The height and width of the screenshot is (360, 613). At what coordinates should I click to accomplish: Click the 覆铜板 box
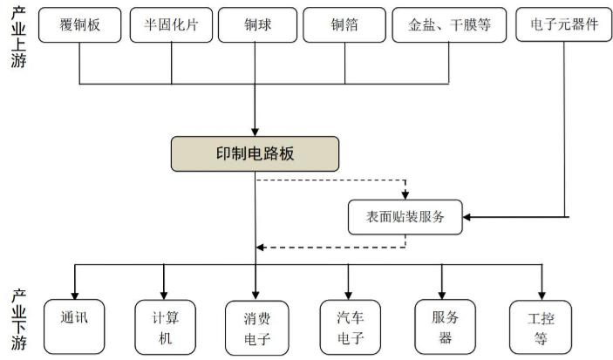click(x=79, y=25)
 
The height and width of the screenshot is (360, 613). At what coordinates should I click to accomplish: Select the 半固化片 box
click(x=171, y=25)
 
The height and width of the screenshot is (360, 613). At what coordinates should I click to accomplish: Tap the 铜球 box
click(x=257, y=25)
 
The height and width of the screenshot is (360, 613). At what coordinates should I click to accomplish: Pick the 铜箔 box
click(x=344, y=25)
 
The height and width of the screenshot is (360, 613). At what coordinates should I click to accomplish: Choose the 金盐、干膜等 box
click(x=449, y=25)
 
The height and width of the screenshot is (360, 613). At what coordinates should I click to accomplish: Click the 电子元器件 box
click(x=564, y=24)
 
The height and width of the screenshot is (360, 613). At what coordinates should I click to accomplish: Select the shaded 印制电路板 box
click(x=255, y=154)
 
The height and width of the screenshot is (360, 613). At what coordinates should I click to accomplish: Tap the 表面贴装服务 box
click(x=405, y=217)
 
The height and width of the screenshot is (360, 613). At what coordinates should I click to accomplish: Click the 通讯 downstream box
click(x=74, y=327)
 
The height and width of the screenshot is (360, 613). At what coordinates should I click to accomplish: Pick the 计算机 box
click(x=165, y=327)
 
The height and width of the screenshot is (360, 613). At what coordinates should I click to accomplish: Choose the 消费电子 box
click(x=257, y=328)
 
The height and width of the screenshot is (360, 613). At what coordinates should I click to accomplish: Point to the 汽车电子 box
click(x=351, y=327)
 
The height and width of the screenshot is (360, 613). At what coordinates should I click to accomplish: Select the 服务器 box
click(x=445, y=327)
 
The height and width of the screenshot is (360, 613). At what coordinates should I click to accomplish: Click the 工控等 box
click(x=541, y=327)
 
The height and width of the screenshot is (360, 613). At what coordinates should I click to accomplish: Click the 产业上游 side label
click(x=18, y=37)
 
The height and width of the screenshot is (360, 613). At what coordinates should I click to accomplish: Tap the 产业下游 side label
click(x=18, y=319)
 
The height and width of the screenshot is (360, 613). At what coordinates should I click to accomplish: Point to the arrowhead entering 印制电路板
click(x=255, y=132)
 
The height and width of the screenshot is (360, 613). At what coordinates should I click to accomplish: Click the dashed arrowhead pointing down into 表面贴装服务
click(x=405, y=195)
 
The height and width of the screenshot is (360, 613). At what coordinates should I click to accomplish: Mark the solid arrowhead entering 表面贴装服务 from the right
click(x=467, y=217)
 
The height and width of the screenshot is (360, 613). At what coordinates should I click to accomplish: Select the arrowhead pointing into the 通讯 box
click(x=75, y=295)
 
